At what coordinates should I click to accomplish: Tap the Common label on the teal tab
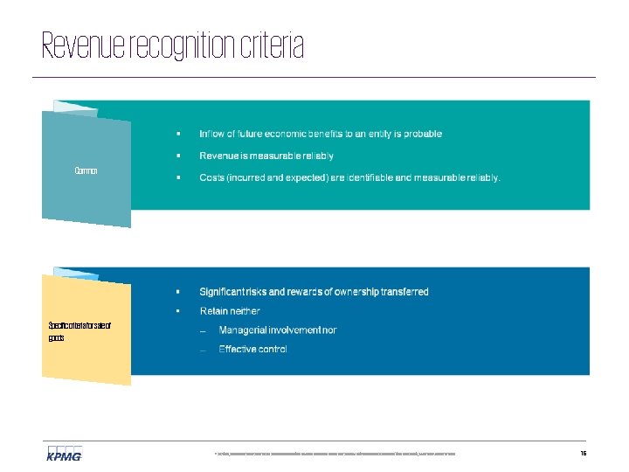pos(86,170)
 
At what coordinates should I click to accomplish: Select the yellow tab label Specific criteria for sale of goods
pos(79,331)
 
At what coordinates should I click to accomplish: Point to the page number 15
pos(583,454)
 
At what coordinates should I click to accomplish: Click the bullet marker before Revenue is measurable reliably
pos(177,156)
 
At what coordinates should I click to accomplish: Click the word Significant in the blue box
pos(224,292)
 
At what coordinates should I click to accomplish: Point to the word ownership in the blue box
pos(354,292)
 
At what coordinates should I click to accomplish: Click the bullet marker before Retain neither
pos(177,311)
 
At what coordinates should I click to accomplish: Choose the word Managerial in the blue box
pos(244,330)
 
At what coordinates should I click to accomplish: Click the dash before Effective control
pos(203,350)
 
